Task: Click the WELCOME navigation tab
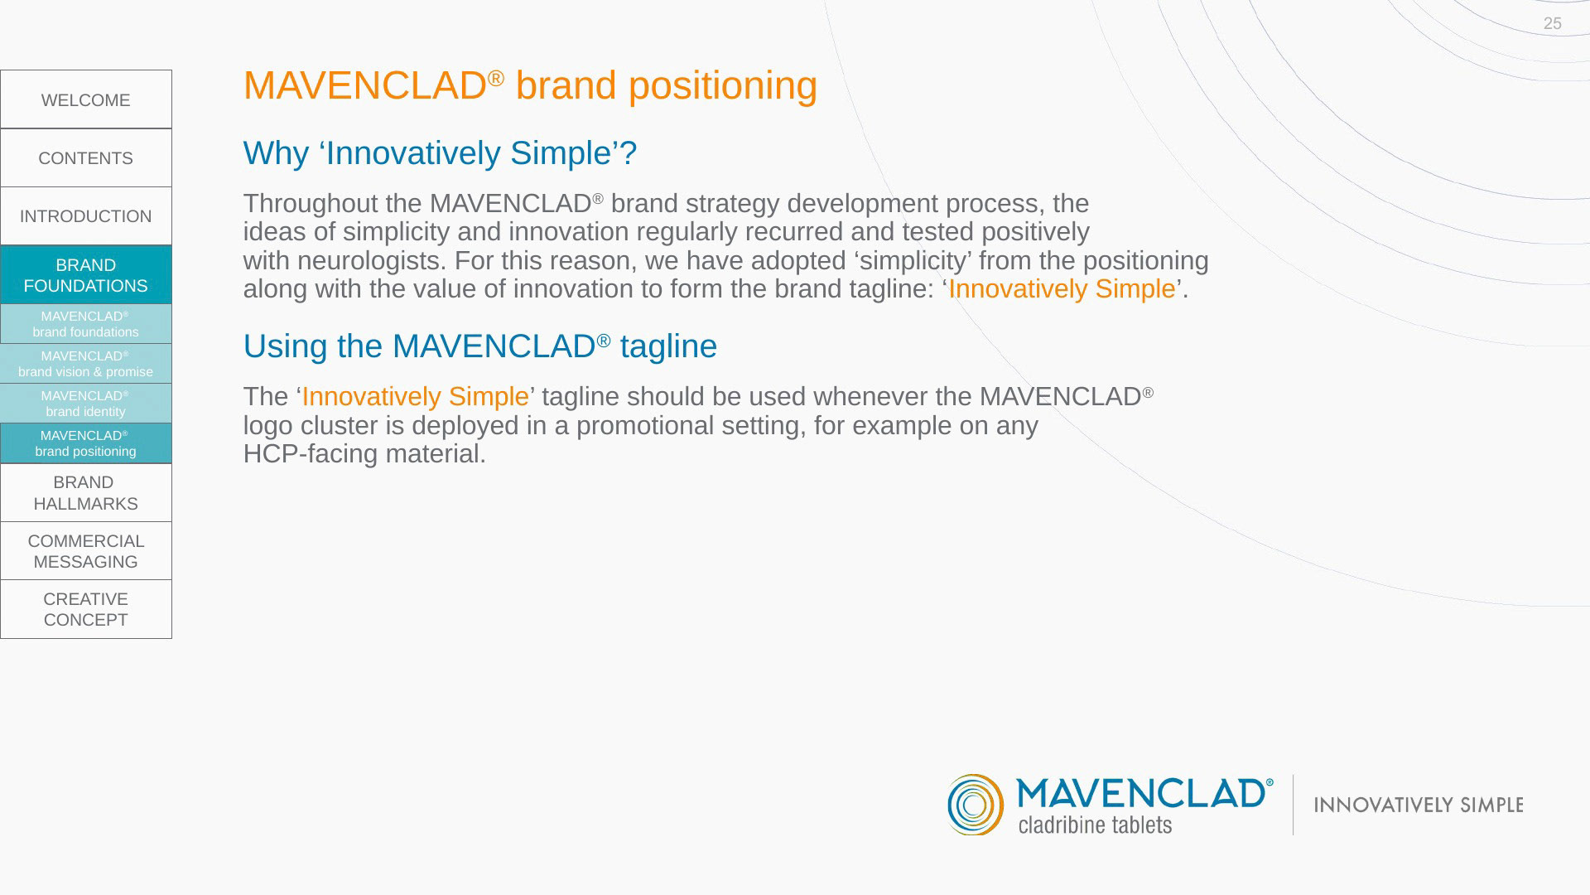click(86, 99)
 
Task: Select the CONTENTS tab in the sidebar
click(86, 158)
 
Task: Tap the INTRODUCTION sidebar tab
click(86, 216)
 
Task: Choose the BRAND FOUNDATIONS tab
click(86, 275)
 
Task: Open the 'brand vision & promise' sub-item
click(86, 364)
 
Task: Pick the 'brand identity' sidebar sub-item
click(86, 404)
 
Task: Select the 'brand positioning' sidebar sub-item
click(86, 443)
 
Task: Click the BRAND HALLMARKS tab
click(86, 493)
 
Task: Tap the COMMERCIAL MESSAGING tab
click(86, 551)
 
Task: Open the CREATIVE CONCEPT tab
click(86, 609)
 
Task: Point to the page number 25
click(1553, 24)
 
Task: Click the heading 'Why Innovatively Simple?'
click(440, 153)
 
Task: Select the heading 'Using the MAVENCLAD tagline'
click(480, 346)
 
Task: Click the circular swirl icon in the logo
click(976, 805)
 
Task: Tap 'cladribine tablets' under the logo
click(1095, 825)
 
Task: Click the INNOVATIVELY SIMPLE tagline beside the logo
click(1419, 805)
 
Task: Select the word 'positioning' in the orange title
click(723, 86)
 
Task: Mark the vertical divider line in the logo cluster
click(1294, 805)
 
